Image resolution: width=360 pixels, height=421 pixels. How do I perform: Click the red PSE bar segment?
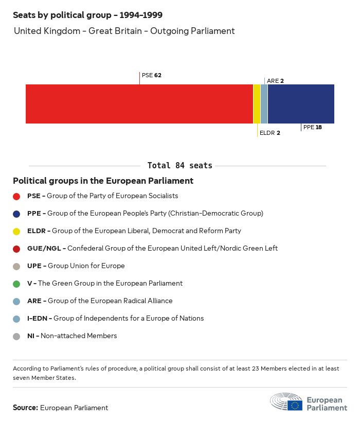click(139, 104)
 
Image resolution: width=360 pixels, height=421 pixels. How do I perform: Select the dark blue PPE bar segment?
click(301, 104)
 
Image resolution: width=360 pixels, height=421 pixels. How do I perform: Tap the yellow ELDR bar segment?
click(257, 104)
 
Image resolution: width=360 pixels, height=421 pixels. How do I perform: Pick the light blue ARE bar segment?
click(264, 104)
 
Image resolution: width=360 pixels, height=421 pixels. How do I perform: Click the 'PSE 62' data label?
click(152, 75)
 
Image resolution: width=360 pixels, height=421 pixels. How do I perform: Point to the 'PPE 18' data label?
click(312, 127)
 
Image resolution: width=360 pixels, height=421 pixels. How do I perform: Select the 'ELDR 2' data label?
click(270, 133)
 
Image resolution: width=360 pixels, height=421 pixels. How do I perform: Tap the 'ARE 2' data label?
click(275, 81)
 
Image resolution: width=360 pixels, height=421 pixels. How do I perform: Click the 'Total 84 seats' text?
click(179, 165)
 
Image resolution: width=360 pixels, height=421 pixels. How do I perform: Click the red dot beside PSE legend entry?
click(16, 196)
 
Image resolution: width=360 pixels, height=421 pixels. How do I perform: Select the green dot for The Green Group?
click(16, 284)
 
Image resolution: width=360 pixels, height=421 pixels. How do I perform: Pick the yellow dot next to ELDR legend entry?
click(16, 231)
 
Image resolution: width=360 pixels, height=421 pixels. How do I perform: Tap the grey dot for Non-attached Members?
click(16, 336)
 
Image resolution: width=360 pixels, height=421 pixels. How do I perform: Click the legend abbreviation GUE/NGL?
click(45, 248)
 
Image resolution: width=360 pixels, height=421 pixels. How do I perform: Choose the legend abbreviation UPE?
click(34, 266)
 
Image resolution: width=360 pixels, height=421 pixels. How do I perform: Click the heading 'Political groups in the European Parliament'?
click(103, 181)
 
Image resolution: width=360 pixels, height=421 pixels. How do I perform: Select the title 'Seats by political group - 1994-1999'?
click(87, 15)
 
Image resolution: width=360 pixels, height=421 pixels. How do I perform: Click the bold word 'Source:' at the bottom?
click(25, 408)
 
